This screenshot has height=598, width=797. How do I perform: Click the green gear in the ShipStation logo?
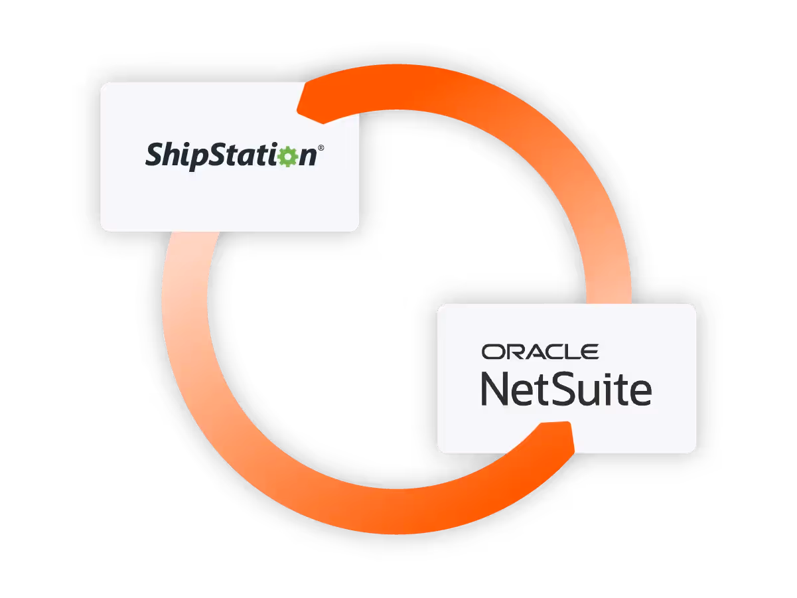(287, 156)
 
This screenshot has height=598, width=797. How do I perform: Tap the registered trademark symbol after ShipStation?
(321, 149)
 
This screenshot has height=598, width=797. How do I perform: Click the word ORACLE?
(540, 352)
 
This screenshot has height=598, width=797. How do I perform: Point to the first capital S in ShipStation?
(155, 155)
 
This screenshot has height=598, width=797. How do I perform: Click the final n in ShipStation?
(307, 157)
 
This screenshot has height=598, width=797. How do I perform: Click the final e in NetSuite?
(639, 393)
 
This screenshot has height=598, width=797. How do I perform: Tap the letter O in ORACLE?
(493, 352)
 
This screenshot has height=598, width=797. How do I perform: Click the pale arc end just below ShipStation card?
(189, 242)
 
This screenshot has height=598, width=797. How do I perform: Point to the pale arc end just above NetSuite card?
(607, 292)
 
